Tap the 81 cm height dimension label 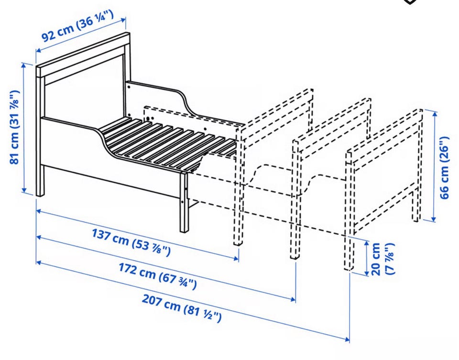tap(15, 127)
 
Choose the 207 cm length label tap(182, 308)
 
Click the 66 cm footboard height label tap(444, 167)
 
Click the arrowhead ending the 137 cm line tap(237, 258)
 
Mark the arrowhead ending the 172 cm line tap(293, 299)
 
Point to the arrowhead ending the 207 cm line tap(347, 339)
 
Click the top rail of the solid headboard tap(83, 55)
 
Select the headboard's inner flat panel tap(83, 88)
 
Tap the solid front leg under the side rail tap(184, 202)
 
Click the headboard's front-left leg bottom tap(40, 194)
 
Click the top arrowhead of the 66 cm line tap(434, 112)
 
